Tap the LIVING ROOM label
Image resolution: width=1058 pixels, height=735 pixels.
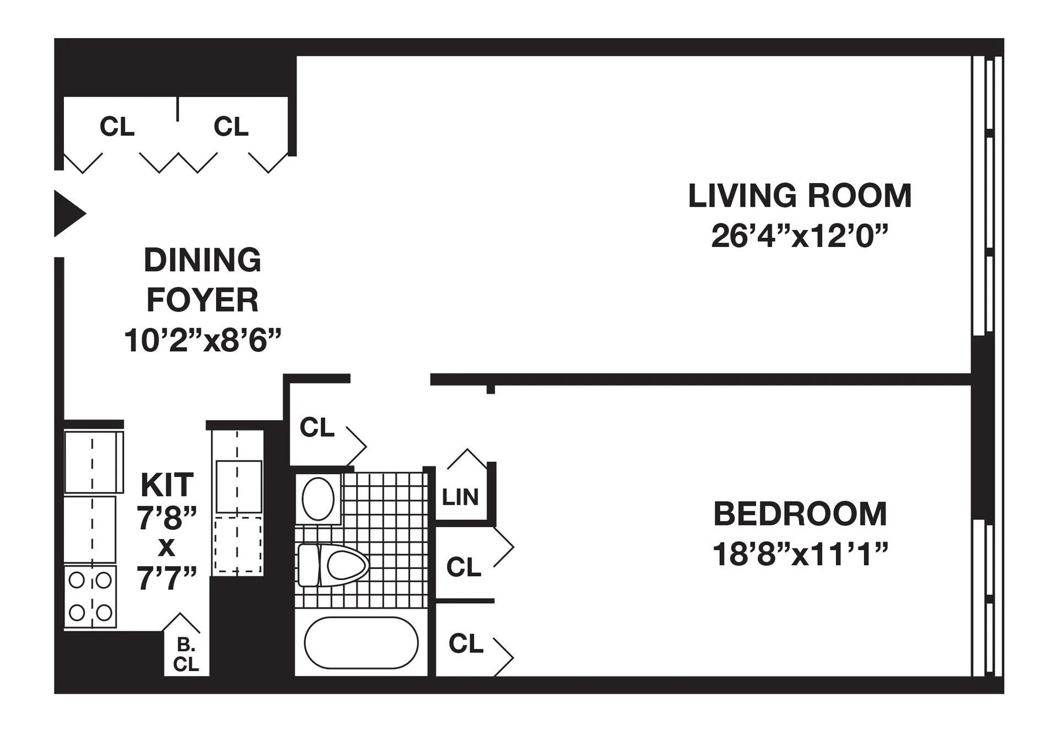pos(800,196)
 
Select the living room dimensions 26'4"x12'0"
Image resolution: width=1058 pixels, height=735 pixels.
pos(800,236)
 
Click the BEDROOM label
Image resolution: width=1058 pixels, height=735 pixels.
pos(800,514)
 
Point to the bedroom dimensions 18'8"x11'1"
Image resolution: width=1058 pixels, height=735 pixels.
pos(800,554)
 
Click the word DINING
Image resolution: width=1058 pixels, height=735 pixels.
pos(202,260)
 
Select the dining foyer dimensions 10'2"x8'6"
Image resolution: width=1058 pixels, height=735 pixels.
pos(202,340)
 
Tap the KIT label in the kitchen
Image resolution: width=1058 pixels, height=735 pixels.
pos(167,485)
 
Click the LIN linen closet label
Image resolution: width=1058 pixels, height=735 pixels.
pos(460,497)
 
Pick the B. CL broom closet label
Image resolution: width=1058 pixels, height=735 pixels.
pos(186,655)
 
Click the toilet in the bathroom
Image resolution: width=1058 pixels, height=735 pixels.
pos(334,565)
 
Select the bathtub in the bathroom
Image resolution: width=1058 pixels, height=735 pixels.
pos(361,642)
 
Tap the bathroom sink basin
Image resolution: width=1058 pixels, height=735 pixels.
pos(319,499)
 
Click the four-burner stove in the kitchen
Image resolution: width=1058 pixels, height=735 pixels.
pos(90,596)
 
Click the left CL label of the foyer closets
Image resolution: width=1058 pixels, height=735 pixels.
pos(117,127)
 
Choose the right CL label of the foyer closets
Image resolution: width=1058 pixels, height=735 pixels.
pos(231,127)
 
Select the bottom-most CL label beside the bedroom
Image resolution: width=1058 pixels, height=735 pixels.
pos(466,643)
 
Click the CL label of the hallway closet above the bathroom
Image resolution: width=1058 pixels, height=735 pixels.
pos(317,427)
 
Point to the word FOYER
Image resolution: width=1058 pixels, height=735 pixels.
pos(202,301)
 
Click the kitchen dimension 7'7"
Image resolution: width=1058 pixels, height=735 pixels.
pos(167,579)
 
